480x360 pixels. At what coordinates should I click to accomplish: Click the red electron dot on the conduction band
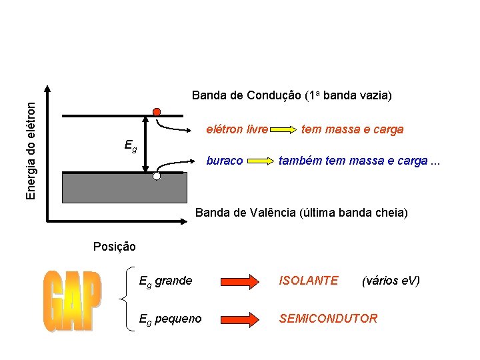point(157,111)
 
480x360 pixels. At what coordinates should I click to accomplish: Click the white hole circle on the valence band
point(157,177)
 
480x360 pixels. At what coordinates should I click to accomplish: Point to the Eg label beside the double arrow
point(131,145)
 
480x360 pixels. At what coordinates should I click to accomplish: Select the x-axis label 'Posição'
point(115,247)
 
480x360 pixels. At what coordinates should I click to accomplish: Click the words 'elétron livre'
point(237,129)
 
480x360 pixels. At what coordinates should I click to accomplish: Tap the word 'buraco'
point(225,161)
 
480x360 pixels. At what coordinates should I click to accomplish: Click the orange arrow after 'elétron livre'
point(283,129)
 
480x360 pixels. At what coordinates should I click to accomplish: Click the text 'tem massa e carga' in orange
point(352,129)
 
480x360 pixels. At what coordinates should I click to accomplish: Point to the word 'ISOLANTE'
point(309,281)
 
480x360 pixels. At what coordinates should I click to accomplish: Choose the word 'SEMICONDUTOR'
point(328,319)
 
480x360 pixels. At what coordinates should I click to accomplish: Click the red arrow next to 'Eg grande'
point(236,281)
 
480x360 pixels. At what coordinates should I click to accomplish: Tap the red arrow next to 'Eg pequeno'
point(236,319)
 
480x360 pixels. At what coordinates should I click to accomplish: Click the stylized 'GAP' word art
point(73,302)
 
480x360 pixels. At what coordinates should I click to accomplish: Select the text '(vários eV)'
point(390,281)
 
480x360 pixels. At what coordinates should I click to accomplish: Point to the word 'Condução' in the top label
point(273,95)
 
